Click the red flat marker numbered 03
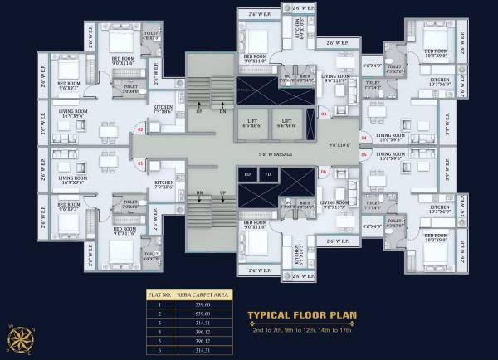pos(325,114)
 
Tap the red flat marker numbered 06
pos(323,171)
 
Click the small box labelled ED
pos(248,174)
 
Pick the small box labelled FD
pos(266,174)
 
